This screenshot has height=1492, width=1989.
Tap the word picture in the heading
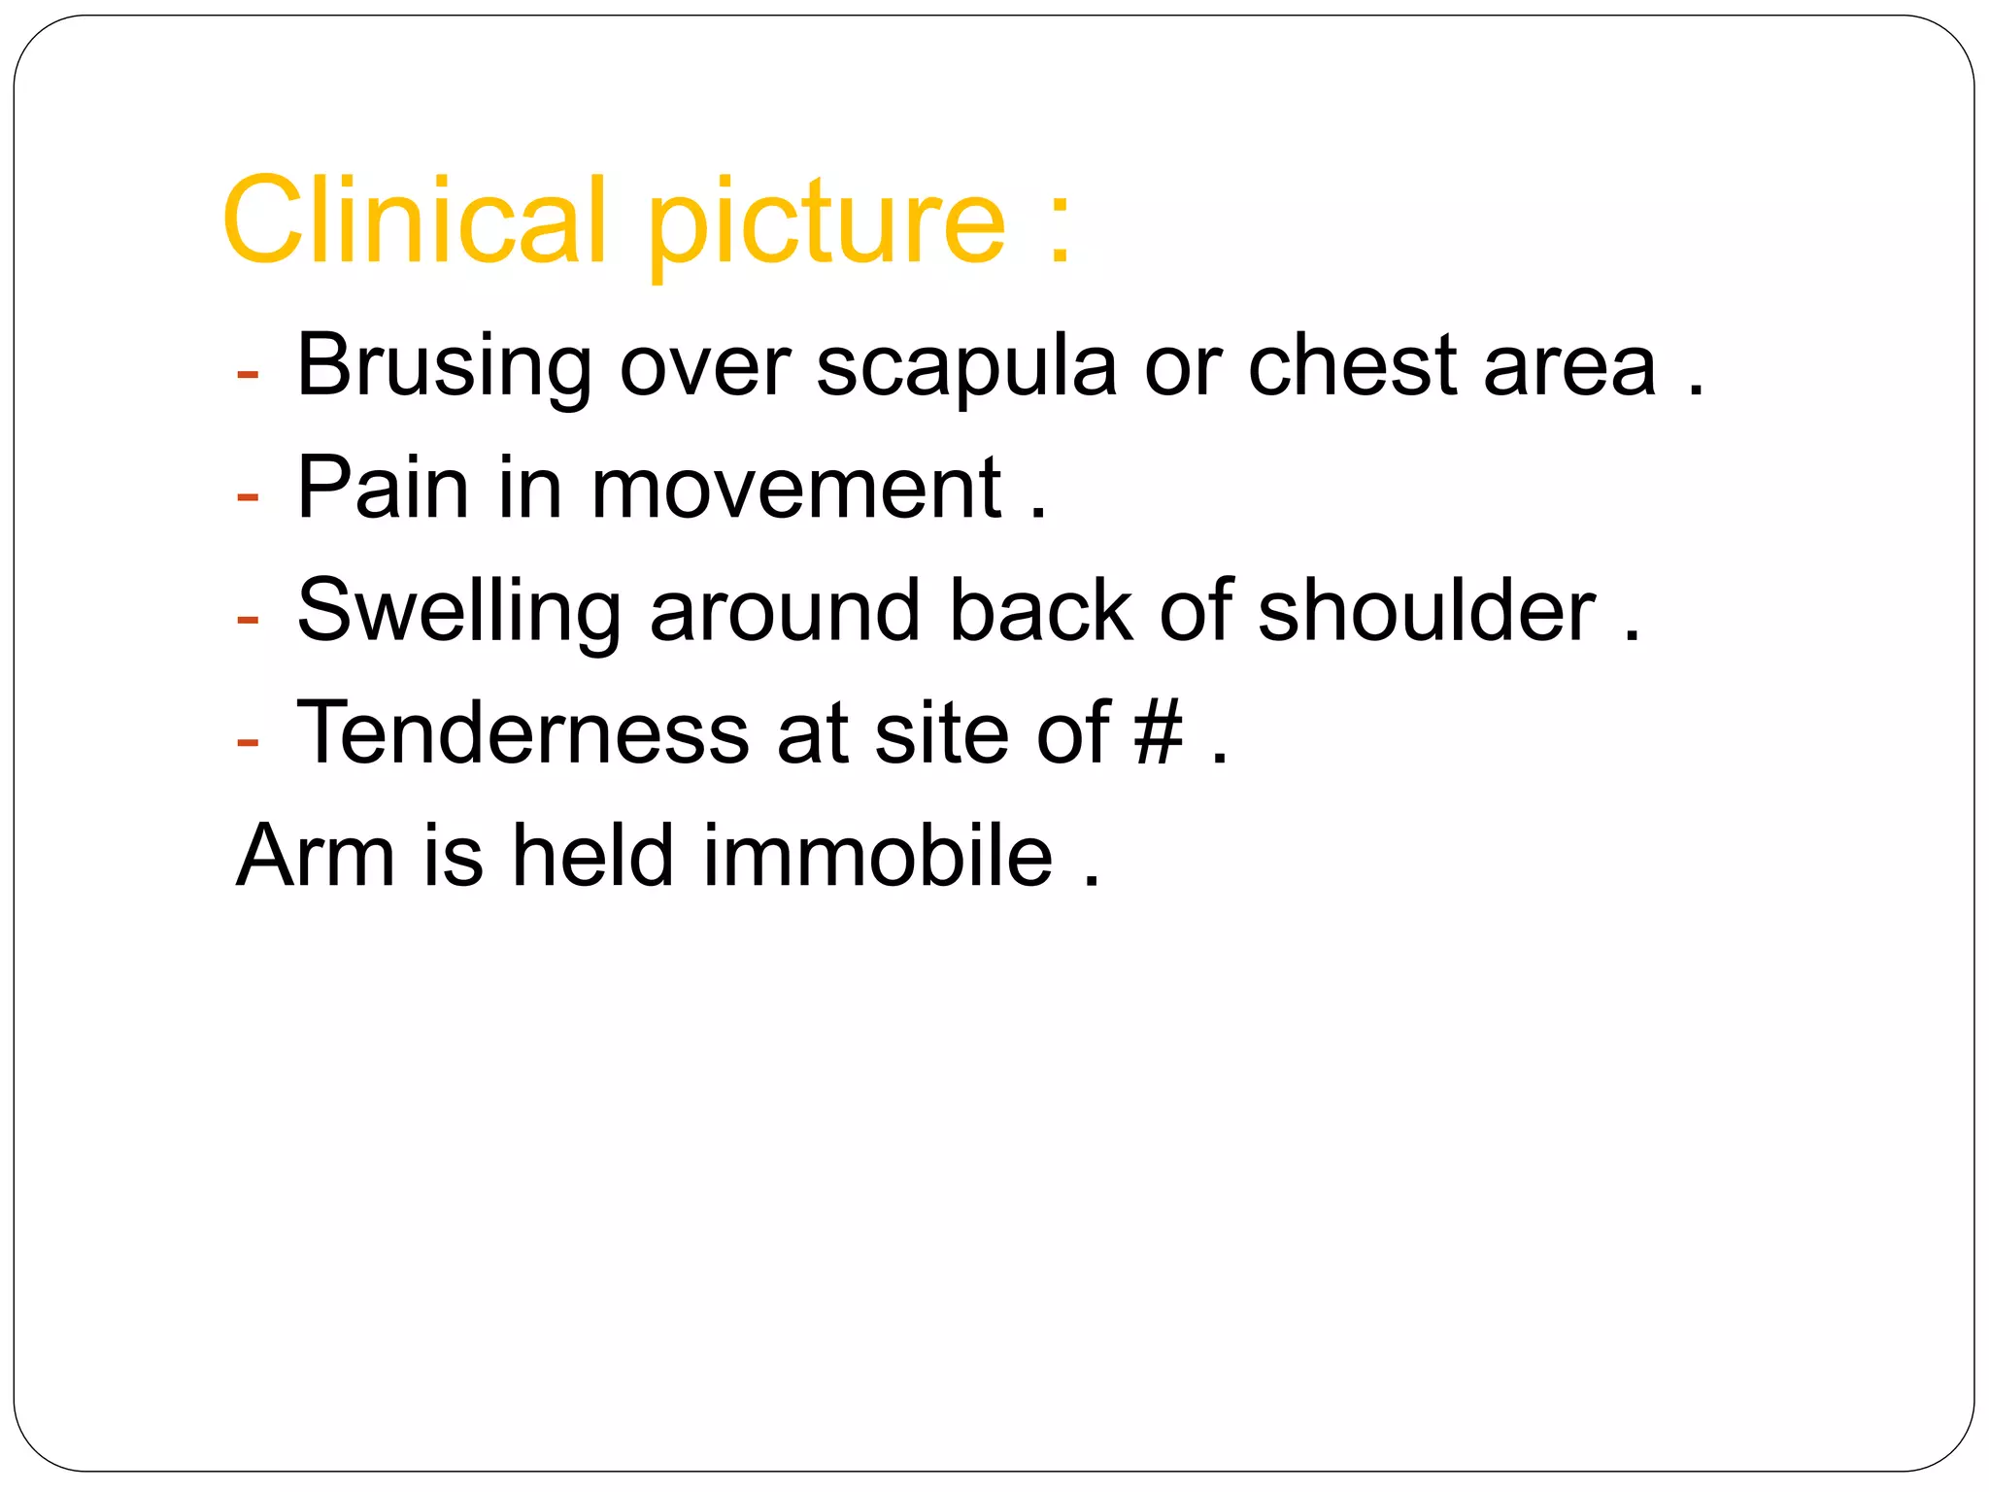(826, 225)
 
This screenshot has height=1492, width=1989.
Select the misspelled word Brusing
(443, 367)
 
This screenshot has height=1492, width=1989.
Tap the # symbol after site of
(1159, 732)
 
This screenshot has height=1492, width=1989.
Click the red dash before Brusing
(248, 374)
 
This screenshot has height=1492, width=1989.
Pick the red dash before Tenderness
(248, 741)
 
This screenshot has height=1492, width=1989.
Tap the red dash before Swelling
(248, 619)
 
